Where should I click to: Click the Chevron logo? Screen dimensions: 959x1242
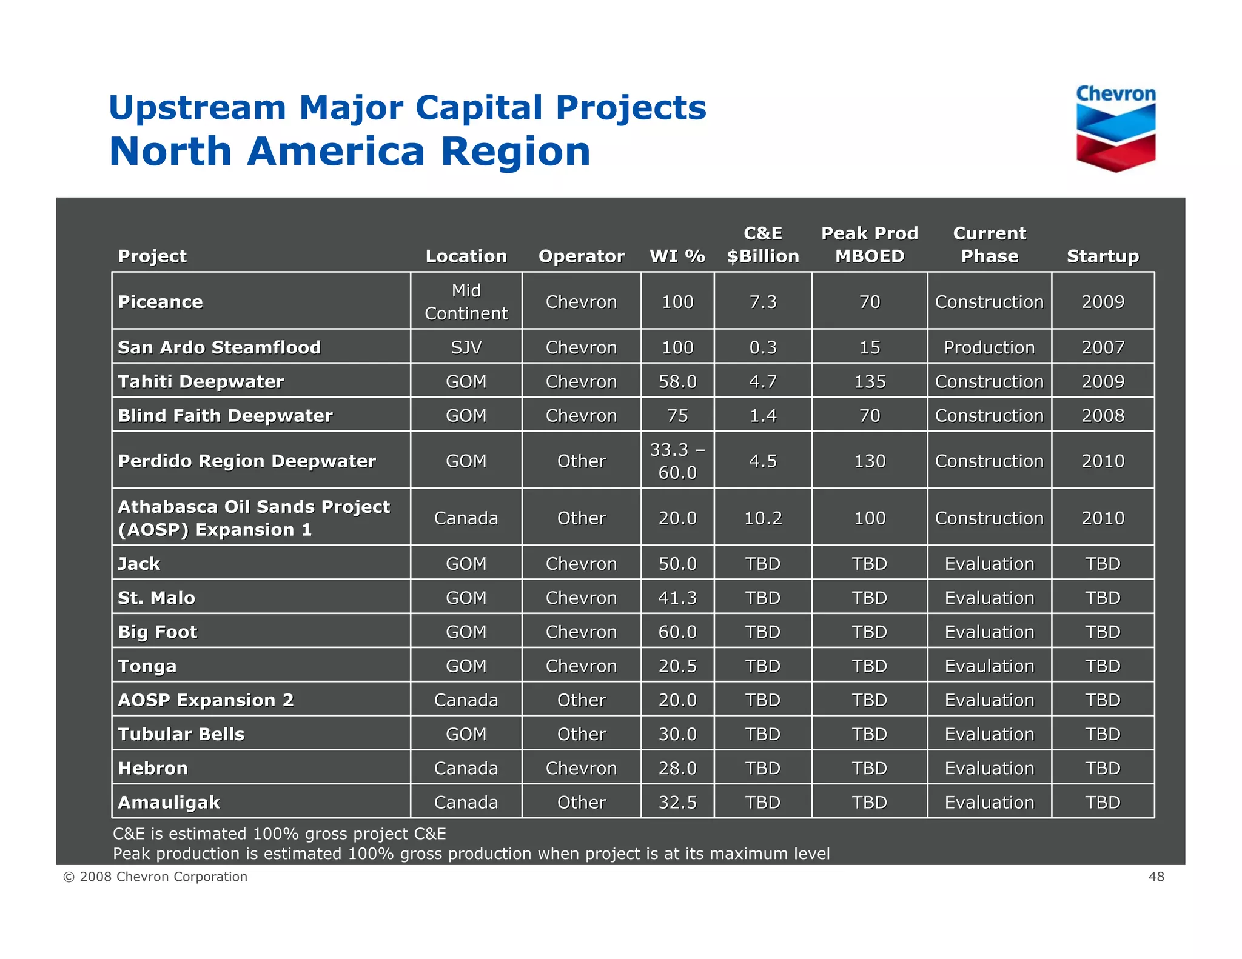(1116, 129)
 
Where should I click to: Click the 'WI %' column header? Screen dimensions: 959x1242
(677, 256)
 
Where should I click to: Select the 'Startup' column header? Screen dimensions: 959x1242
(1103, 256)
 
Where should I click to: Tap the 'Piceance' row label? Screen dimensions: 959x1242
(161, 302)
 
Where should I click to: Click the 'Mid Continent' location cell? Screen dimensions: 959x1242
(466, 302)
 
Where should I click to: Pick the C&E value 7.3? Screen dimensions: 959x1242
(762, 302)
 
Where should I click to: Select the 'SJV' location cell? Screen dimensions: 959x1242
(466, 347)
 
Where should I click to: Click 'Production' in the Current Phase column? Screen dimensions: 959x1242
(989, 347)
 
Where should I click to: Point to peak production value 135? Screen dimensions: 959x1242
(869, 382)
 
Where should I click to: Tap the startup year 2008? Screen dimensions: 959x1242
(1103, 416)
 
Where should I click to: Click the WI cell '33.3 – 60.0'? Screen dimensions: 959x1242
(677, 461)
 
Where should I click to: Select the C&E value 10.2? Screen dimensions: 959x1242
(762, 518)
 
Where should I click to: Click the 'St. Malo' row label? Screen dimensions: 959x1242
(156, 598)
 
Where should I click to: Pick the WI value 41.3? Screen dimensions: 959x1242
(677, 598)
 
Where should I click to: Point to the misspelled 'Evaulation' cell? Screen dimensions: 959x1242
(989, 666)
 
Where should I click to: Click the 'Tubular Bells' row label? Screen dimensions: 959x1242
(181, 735)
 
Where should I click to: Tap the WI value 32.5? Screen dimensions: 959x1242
(677, 803)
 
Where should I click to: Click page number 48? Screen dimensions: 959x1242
(1156, 877)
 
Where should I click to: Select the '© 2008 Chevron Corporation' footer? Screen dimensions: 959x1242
(155, 877)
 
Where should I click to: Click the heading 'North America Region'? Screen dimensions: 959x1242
(349, 152)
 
